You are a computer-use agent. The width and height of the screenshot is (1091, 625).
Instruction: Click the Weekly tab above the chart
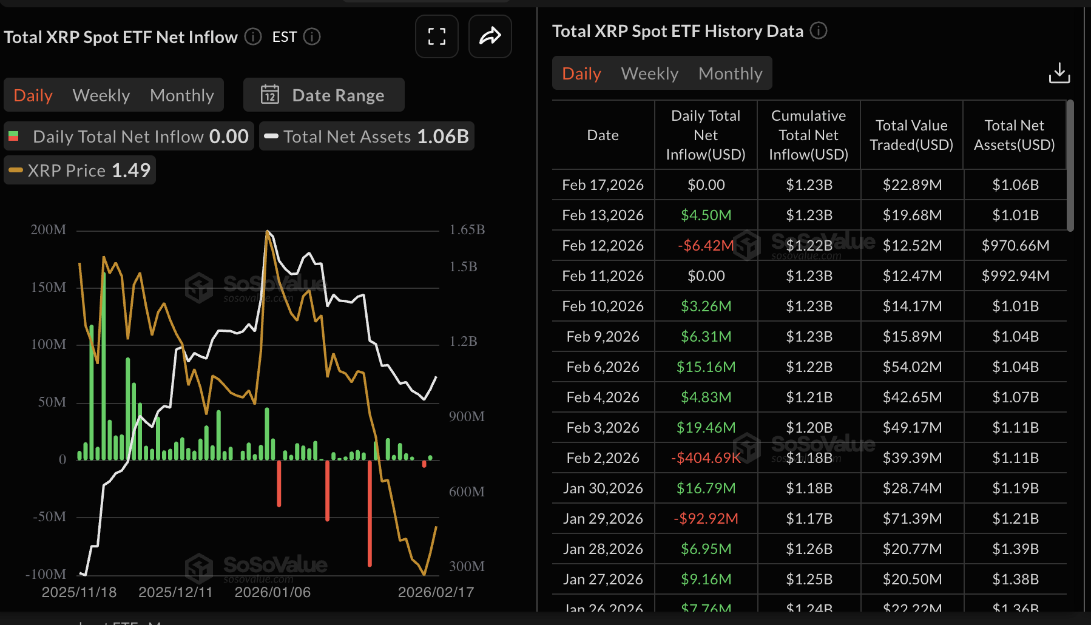(101, 95)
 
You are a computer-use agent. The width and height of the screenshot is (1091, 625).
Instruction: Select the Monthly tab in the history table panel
(730, 73)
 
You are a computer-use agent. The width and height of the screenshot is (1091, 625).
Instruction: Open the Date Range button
(325, 95)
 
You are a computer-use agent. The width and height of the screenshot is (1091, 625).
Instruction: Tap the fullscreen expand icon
(437, 36)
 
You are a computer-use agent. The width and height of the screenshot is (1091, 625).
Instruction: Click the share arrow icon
(490, 36)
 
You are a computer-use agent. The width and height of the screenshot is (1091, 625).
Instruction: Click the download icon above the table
(1059, 73)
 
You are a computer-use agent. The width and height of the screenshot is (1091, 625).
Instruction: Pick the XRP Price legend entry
(80, 171)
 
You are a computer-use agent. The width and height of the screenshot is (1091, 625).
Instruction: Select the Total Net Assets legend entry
(367, 137)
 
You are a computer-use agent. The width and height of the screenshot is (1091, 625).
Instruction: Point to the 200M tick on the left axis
(49, 230)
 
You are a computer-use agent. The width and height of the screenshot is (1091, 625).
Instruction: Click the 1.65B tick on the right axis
(467, 230)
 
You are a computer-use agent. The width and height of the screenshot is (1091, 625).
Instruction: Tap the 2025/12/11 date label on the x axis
(175, 592)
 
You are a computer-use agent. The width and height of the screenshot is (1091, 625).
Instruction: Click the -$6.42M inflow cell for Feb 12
(706, 246)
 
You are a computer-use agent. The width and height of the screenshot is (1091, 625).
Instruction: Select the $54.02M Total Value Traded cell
(912, 367)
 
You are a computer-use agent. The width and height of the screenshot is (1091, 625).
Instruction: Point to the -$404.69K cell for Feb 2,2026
(706, 458)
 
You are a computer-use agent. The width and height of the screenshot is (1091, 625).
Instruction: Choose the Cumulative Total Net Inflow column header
(808, 135)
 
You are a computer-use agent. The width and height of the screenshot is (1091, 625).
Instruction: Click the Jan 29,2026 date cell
(603, 519)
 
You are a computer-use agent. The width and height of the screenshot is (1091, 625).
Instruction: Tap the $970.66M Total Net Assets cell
(1015, 246)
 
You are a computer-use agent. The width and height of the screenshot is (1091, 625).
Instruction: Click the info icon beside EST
(312, 37)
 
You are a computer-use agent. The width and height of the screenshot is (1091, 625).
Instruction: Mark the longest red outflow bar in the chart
(370, 513)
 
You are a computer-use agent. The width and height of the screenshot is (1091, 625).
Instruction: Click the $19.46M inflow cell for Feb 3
(706, 428)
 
